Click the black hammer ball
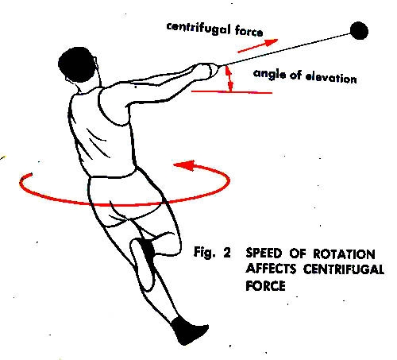(x=359, y=30)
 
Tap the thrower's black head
(x=76, y=64)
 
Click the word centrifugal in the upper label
(x=198, y=29)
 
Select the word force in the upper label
(x=249, y=31)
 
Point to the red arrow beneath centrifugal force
(x=257, y=46)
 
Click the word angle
(x=269, y=74)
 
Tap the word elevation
(x=331, y=78)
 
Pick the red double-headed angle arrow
(x=229, y=79)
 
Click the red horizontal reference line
(x=232, y=92)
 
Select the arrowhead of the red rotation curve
(x=184, y=165)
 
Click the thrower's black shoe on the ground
(x=189, y=331)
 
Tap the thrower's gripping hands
(x=206, y=70)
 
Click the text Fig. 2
(x=212, y=252)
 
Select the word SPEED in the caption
(x=264, y=254)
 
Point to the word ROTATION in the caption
(x=344, y=254)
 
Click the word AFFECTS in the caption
(x=271, y=269)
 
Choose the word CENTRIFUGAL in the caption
(x=344, y=269)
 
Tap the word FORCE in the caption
(x=265, y=285)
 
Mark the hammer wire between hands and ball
(x=285, y=49)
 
